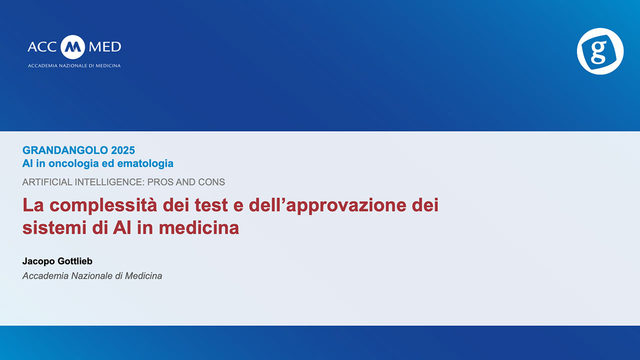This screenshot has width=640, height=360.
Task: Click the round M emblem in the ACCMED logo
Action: click(x=73, y=47)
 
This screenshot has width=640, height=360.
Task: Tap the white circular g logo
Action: click(x=600, y=51)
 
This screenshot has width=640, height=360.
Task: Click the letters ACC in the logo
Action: click(x=42, y=47)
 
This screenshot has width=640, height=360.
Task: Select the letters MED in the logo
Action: click(x=105, y=47)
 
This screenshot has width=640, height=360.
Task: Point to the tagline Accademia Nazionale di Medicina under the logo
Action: click(x=74, y=65)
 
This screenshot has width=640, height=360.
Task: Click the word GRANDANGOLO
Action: click(x=65, y=150)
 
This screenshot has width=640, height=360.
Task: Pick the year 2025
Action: click(x=123, y=150)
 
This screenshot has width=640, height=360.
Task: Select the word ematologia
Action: click(x=145, y=163)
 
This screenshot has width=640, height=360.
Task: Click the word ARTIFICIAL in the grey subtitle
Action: click(x=47, y=182)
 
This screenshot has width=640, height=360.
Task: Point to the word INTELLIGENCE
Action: click(x=109, y=182)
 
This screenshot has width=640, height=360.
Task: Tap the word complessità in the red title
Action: click(x=103, y=205)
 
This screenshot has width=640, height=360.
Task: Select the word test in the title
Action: click(x=211, y=205)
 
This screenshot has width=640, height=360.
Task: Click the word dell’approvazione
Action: click(x=327, y=205)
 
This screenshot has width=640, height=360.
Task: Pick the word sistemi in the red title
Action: click(x=55, y=228)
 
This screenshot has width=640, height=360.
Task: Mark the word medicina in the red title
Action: click(x=199, y=228)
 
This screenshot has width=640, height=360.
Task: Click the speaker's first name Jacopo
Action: click(x=38, y=261)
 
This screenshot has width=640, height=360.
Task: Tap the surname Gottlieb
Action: click(x=75, y=261)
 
